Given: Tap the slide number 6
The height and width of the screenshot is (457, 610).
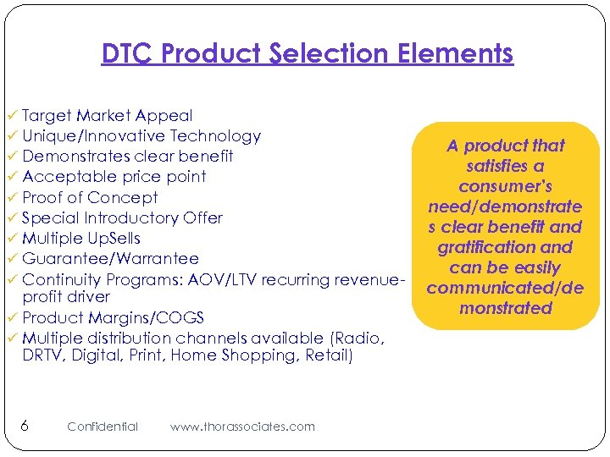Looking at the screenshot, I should [x=25, y=426].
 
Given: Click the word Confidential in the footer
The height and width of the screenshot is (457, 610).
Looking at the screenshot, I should [x=103, y=427].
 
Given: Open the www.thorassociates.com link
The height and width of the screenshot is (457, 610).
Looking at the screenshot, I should [x=242, y=427].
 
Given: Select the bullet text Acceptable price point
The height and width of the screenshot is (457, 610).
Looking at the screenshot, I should [x=114, y=177].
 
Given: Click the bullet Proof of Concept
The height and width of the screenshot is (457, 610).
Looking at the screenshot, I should [x=90, y=198].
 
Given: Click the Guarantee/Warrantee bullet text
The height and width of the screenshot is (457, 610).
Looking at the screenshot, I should [x=110, y=259].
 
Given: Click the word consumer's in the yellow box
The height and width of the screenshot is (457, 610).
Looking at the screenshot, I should [x=505, y=186].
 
